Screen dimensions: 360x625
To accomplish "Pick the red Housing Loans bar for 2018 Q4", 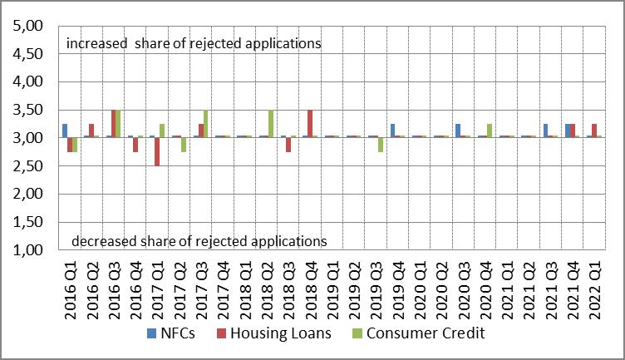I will tap(310, 124).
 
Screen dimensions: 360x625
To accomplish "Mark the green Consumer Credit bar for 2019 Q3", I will tap(381, 145).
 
